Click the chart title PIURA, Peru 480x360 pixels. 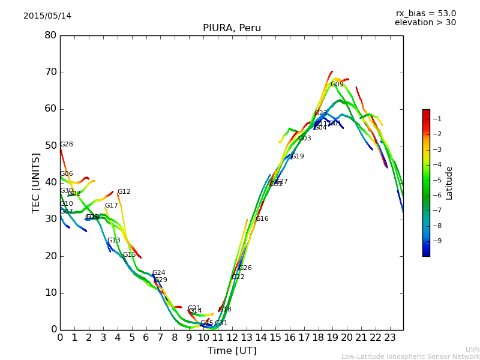click(232, 28)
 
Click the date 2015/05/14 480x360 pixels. click(47, 16)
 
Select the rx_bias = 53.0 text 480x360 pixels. click(425, 13)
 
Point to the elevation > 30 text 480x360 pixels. click(425, 23)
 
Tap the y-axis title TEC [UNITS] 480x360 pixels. click(36, 182)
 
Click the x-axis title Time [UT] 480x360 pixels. click(232, 350)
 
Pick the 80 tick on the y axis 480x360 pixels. click(50, 35)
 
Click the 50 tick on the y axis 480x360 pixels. click(50, 146)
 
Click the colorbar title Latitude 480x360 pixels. click(449, 183)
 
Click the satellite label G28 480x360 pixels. click(67, 145)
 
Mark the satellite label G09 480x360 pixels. click(337, 85)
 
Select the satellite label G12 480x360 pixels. click(124, 192)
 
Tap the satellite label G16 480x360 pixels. click(262, 219)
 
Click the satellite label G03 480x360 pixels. click(305, 139)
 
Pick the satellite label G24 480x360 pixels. click(158, 273)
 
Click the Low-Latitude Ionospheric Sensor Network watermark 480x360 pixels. click(410, 356)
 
